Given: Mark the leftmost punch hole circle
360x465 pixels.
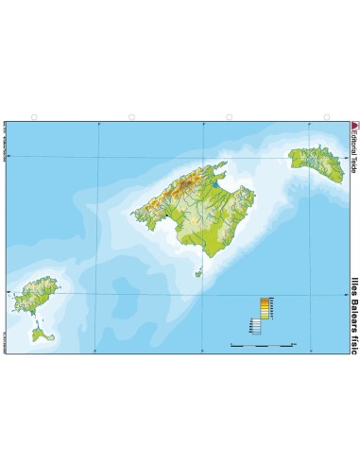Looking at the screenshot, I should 33,117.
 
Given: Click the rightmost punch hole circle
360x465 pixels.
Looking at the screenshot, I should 327,117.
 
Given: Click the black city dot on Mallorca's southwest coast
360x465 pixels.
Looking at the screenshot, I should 164,217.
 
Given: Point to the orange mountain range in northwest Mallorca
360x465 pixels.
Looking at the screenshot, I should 175,189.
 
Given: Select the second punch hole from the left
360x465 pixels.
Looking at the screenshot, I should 131,117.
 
